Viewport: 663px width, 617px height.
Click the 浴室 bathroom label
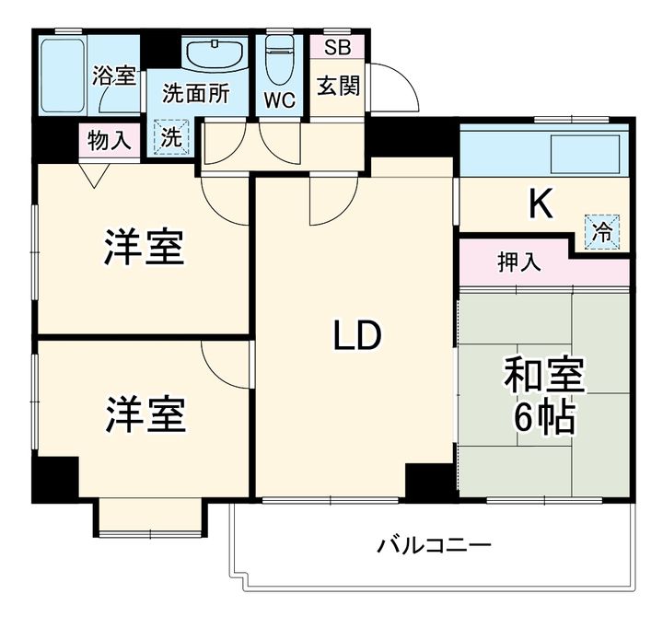tap(114, 76)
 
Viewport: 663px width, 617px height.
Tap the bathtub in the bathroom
tap(63, 76)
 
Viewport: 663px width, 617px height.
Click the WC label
tap(280, 100)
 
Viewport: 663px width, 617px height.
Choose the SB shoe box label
tap(337, 48)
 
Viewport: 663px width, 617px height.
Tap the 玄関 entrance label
tap(338, 87)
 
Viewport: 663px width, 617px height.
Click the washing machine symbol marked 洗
tap(171, 137)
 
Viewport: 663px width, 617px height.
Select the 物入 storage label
tap(109, 140)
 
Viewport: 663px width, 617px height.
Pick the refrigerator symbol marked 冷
tap(602, 232)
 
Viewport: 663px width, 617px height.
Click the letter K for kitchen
tap(541, 204)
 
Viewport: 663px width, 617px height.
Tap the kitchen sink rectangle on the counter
tap(586, 154)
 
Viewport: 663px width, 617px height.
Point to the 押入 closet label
tap(519, 262)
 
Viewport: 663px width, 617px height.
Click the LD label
tap(357, 335)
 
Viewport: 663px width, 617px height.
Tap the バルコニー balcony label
tap(435, 545)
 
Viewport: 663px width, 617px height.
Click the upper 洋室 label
tap(145, 247)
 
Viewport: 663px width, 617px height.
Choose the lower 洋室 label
tap(145, 414)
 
